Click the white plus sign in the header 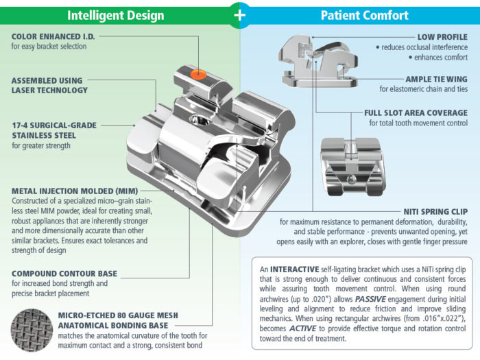coord(240,15)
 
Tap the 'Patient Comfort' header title coord(365,14)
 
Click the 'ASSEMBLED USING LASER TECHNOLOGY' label coord(49,85)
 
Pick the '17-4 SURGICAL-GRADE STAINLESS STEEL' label coord(53,130)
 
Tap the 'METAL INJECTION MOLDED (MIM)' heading coord(75,190)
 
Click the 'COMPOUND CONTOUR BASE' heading coord(64,273)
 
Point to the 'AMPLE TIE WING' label coord(436,79)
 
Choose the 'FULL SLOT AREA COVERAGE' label coord(416,112)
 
